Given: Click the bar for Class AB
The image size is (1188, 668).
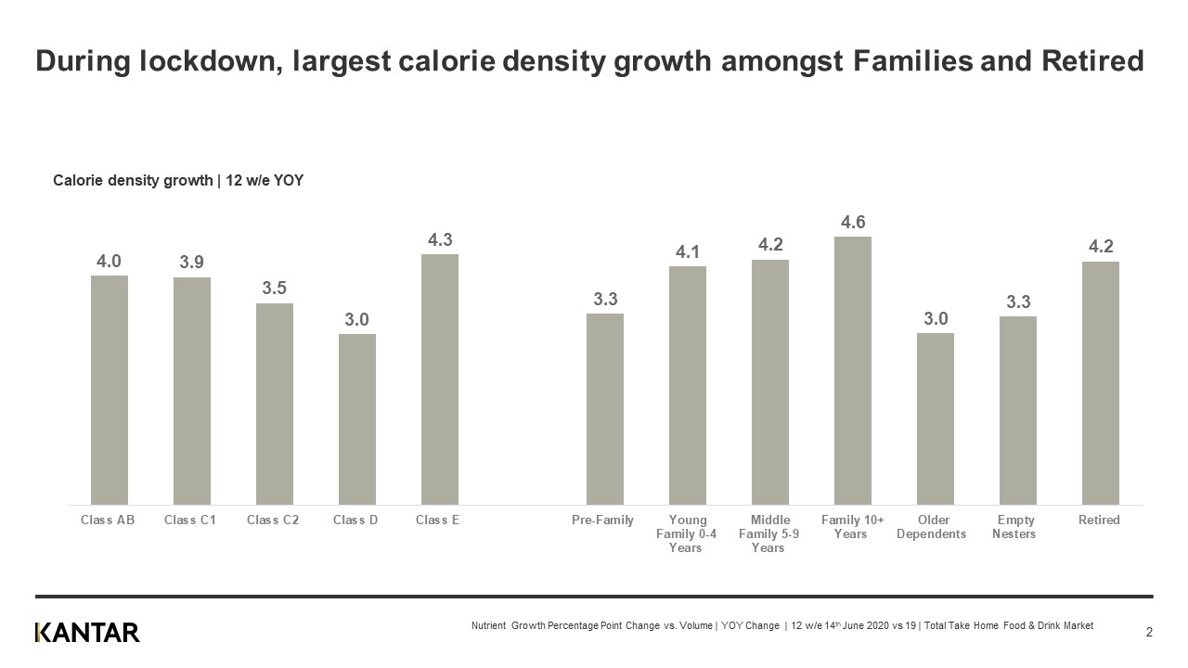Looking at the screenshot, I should click(x=109, y=390).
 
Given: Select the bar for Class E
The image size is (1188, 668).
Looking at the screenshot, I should click(x=439, y=379).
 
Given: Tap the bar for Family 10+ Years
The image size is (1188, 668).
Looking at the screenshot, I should click(x=852, y=370).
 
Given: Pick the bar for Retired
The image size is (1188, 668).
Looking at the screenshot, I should click(x=1100, y=383).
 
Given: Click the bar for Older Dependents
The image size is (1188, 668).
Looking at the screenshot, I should click(x=935, y=418).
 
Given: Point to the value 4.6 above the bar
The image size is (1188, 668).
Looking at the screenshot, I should click(x=853, y=223).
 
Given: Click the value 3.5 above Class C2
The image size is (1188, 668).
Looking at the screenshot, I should click(x=274, y=289).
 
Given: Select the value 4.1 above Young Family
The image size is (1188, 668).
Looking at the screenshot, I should click(x=688, y=251).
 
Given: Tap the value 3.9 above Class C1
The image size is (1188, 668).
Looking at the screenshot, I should click(x=192, y=263).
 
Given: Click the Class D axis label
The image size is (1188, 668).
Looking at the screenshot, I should click(x=355, y=520).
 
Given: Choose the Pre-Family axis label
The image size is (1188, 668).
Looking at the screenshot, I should click(x=602, y=520).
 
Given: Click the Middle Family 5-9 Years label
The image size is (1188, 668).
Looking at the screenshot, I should click(x=769, y=533).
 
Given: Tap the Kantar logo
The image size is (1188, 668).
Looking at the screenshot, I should click(x=87, y=633).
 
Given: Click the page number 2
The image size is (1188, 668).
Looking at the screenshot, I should click(x=1149, y=633).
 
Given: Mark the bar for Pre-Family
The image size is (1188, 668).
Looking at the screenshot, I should click(x=604, y=409).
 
